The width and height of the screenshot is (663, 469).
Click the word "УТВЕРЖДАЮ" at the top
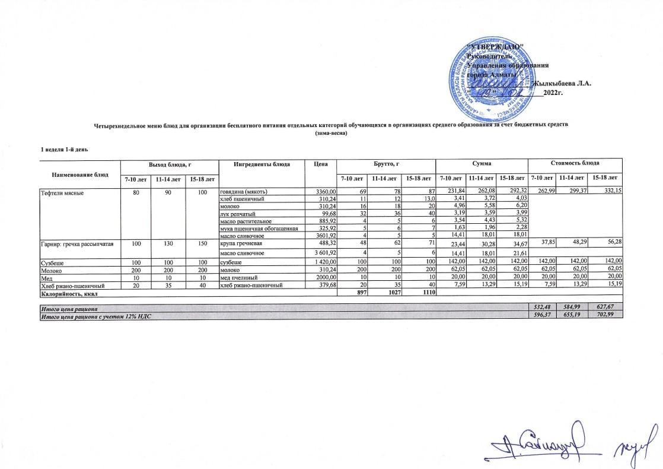(495, 46)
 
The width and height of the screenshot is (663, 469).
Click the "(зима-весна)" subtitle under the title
(331, 134)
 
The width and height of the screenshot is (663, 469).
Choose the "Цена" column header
(321, 163)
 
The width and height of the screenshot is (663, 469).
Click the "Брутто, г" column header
(386, 163)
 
